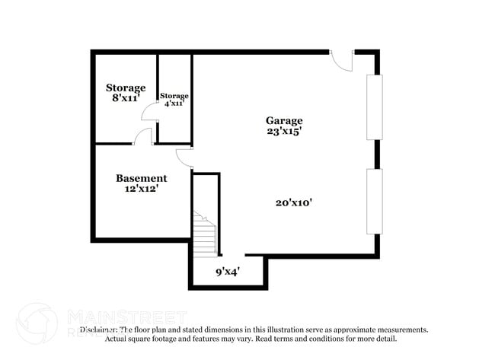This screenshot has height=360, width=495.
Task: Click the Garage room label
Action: pyautogui.click(x=283, y=120)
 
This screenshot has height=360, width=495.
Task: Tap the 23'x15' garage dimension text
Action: pyautogui.click(x=283, y=131)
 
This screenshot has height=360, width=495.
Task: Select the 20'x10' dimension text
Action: pyautogui.click(x=295, y=202)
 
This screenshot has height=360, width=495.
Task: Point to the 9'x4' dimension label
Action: pyautogui.click(x=228, y=270)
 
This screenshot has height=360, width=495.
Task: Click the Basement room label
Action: pyautogui.click(x=141, y=178)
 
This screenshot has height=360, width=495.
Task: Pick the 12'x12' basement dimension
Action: pyautogui.click(x=141, y=189)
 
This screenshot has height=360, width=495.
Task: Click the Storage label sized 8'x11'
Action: pyautogui.click(x=126, y=88)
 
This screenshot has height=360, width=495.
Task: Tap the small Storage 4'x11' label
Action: pyautogui.click(x=174, y=96)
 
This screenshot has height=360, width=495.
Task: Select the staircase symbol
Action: pyautogui.click(x=204, y=234)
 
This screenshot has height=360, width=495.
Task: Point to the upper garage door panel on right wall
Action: pyautogui.click(x=374, y=107)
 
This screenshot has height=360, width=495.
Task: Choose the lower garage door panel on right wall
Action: pyautogui.click(x=374, y=201)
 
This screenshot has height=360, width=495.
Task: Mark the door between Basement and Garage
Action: pyautogui.click(x=184, y=157)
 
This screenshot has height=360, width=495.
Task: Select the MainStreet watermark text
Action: pyautogui.click(x=127, y=315)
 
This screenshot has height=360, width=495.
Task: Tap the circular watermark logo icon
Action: pyautogui.click(x=37, y=323)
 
